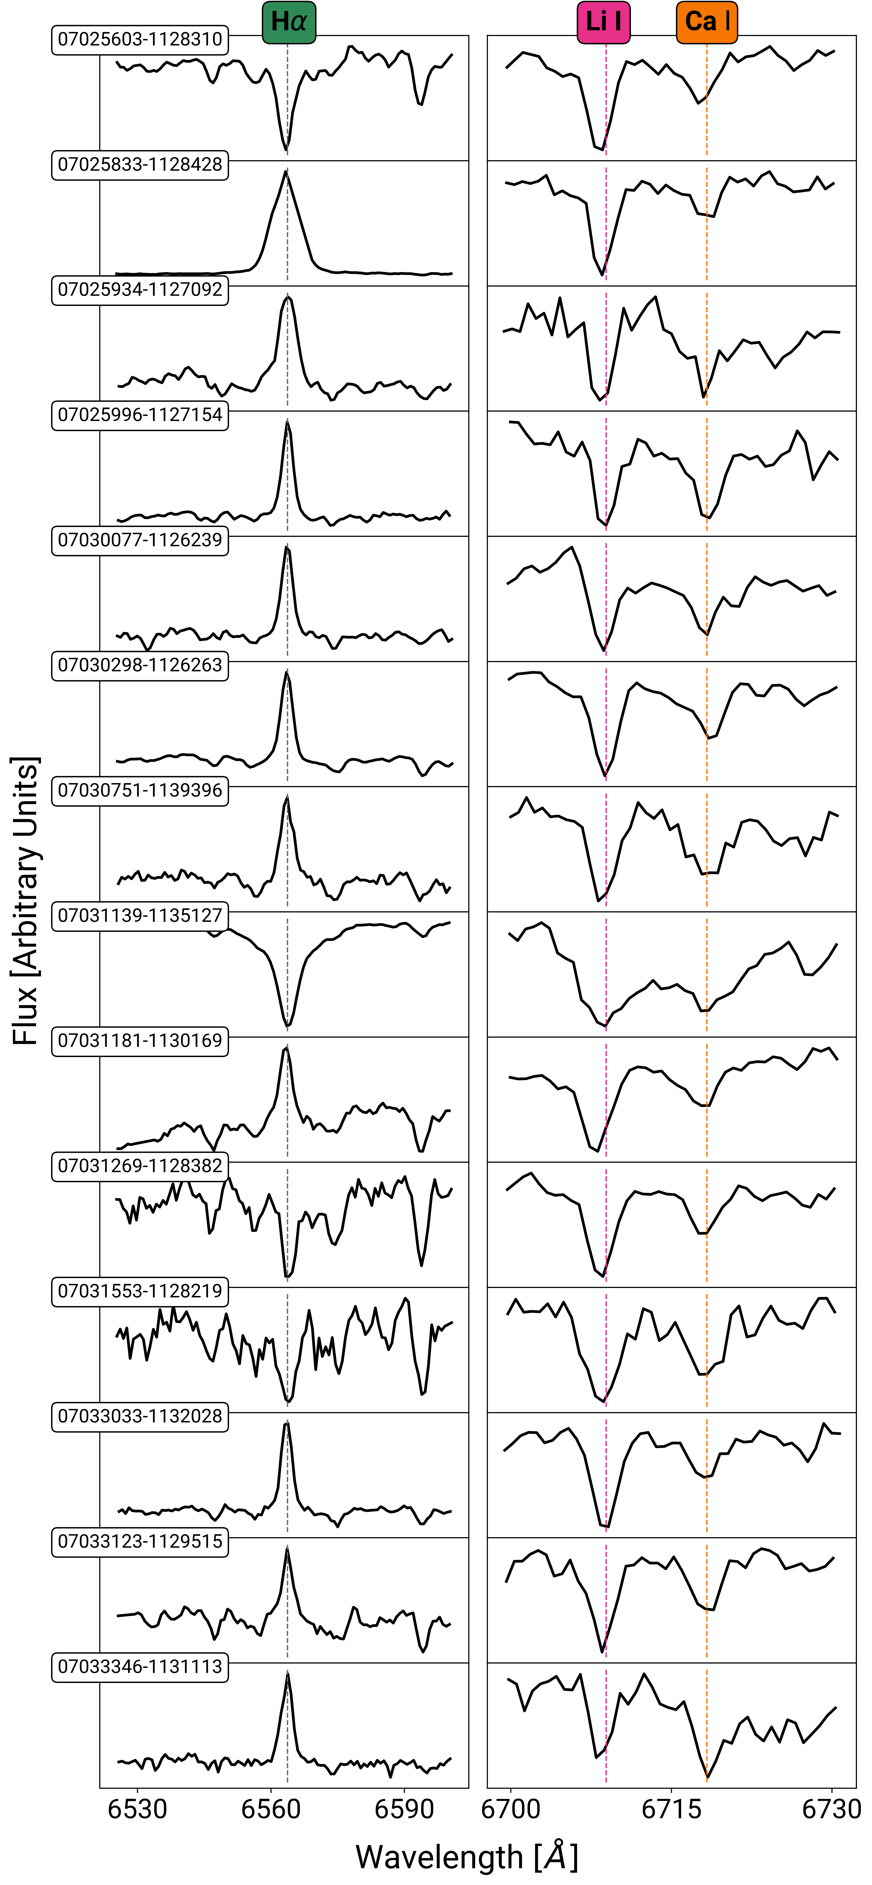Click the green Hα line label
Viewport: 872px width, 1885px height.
(288, 22)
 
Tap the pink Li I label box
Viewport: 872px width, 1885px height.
(603, 22)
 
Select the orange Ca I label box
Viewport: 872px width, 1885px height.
(707, 22)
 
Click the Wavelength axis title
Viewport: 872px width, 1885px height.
(466, 1857)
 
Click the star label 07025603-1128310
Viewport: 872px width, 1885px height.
(140, 40)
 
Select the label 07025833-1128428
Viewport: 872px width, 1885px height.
(140, 165)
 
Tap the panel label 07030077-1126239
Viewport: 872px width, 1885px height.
(140, 540)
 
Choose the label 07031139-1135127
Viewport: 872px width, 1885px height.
(140, 915)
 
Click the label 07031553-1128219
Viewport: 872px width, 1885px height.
(140, 1291)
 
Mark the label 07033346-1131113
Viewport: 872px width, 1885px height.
(140, 1666)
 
